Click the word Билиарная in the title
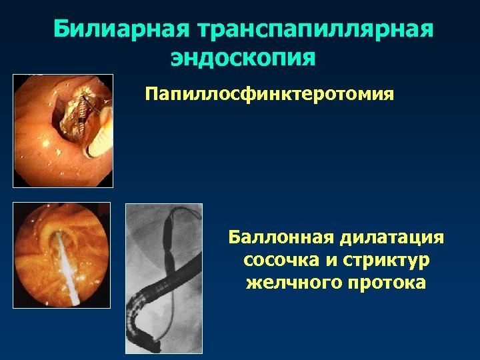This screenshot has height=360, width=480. pyautogui.click(x=119, y=29)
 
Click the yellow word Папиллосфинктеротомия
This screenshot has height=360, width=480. pyautogui.click(x=270, y=93)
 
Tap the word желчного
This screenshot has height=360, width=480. pyautogui.click(x=287, y=283)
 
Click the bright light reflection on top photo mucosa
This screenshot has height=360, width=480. pyautogui.click(x=46, y=143)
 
